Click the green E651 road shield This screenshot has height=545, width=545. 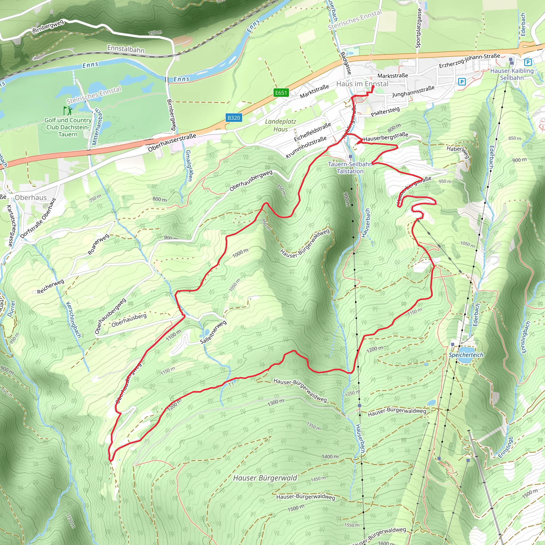coord(281,93)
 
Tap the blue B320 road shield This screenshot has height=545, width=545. coord(234,118)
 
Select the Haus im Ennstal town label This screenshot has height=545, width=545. coord(362,84)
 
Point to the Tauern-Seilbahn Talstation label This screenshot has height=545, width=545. coord(350,168)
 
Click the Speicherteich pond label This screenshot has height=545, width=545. coord(466,355)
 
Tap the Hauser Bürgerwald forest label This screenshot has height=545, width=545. coord(265,478)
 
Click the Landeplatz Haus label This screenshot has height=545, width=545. coord(280,125)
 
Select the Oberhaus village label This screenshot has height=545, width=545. coord(31,197)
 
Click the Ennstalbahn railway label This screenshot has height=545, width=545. coord(126,49)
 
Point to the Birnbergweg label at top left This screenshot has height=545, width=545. coord(48,26)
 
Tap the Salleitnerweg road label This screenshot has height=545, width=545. coord(213,332)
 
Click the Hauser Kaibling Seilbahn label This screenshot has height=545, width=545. coord(512,74)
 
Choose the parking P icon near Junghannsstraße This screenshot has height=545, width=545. coord(461,82)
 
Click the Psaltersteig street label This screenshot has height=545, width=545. coord(385,111)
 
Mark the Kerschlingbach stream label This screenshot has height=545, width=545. coord(73,320)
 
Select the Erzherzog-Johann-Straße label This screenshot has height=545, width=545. coord(469,61)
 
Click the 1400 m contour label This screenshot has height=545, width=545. coord(330,456)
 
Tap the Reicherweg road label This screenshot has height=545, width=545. coord(51,286)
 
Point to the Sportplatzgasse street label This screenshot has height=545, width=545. coord(418,28)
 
